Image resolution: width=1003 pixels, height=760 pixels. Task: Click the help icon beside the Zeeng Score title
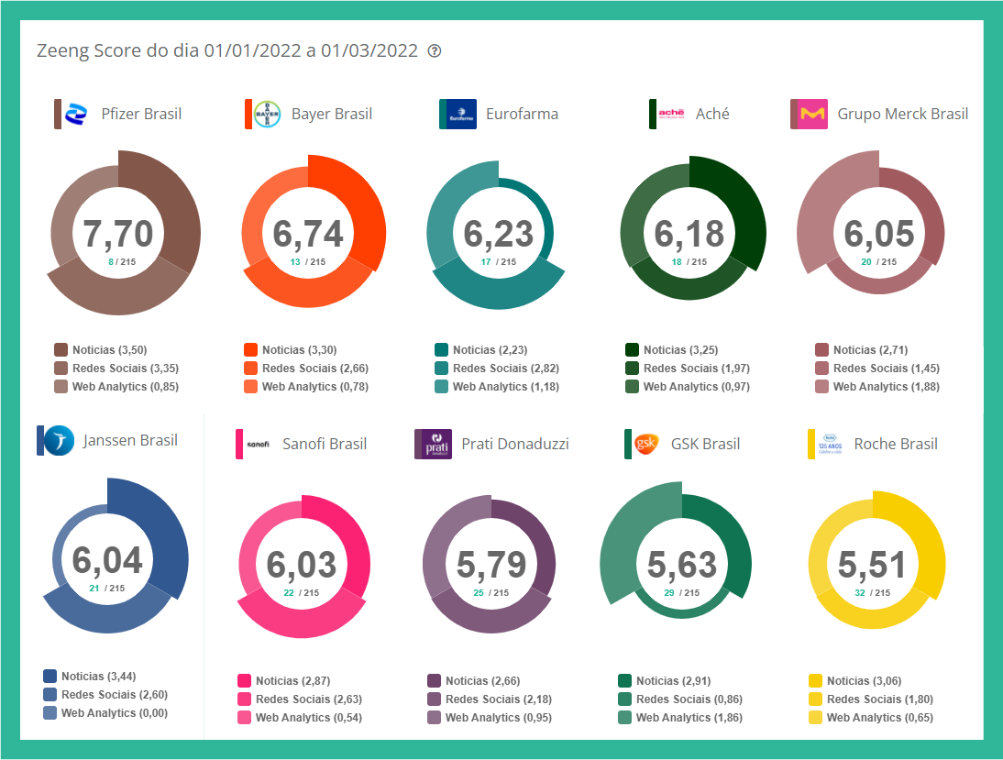click(x=435, y=50)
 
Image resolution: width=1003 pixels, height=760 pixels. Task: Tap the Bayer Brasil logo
click(x=267, y=114)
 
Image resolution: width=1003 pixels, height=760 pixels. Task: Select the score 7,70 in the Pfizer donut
click(x=118, y=234)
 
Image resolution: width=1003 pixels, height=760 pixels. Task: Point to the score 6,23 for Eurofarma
click(x=499, y=234)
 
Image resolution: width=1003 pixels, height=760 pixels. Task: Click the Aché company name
click(x=712, y=114)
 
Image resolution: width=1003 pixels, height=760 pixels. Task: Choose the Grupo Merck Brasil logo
click(x=812, y=114)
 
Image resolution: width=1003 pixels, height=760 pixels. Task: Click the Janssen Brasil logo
click(x=60, y=440)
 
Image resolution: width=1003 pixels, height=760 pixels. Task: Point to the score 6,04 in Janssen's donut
click(x=107, y=559)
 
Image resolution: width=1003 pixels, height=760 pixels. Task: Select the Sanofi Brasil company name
click(x=325, y=444)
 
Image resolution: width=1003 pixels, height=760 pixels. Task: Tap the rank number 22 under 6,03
click(x=289, y=592)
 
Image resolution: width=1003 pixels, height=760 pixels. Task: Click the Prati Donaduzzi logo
click(x=433, y=444)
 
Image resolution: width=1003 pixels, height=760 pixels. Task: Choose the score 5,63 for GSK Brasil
click(x=682, y=565)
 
